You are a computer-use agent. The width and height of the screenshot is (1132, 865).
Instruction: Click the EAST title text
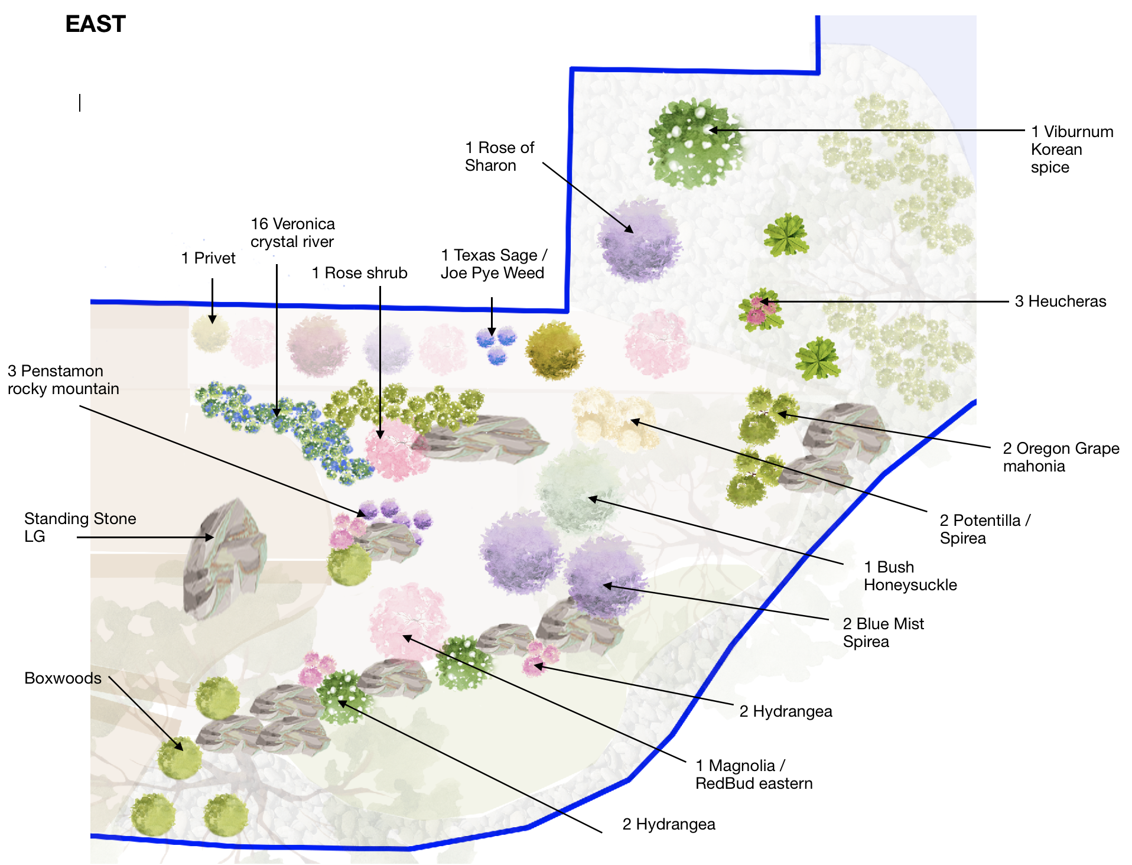tap(95, 24)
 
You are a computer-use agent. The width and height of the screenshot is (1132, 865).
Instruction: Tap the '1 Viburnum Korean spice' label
tap(1072, 149)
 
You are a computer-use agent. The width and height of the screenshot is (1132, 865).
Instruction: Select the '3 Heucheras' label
tap(1061, 301)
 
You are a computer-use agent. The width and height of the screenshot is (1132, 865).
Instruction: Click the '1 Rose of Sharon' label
tap(499, 157)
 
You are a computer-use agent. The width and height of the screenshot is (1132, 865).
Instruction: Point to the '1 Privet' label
tap(208, 258)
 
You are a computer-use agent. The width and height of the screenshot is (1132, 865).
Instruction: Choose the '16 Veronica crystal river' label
tap(292, 233)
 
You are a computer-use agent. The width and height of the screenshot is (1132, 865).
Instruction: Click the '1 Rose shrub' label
tap(359, 273)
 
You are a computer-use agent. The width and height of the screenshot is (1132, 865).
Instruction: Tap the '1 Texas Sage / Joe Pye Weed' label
tap(494, 264)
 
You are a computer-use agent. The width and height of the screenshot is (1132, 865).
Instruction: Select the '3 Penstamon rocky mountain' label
tap(63, 380)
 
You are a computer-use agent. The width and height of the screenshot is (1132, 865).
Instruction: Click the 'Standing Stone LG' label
tap(80, 528)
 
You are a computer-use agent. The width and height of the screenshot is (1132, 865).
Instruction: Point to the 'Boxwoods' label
tap(63, 678)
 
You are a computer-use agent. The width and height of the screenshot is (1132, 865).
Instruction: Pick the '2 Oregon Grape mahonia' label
tap(1061, 457)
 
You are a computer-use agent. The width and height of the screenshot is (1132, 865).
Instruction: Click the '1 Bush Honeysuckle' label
tap(910, 576)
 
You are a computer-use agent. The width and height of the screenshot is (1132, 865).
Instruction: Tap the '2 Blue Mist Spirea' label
tap(883, 633)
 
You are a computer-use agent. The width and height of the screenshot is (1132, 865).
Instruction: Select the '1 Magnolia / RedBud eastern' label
tap(754, 775)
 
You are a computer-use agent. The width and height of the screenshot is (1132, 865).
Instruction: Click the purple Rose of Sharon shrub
tap(639, 241)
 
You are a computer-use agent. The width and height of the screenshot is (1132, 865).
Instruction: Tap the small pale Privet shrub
tap(210, 334)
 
